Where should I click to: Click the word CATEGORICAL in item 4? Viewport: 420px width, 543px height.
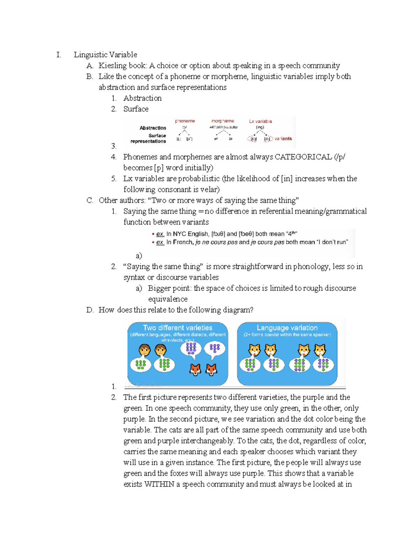click(x=303, y=157)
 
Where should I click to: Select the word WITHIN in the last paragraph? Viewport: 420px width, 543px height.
click(x=159, y=484)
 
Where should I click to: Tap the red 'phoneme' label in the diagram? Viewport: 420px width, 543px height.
click(x=185, y=121)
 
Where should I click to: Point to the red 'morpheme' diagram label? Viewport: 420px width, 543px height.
click(x=223, y=121)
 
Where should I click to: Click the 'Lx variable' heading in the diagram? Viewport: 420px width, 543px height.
click(x=260, y=121)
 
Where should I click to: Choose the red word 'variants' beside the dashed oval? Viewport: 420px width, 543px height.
click(x=283, y=139)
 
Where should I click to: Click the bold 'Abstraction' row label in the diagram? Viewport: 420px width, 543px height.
click(x=153, y=128)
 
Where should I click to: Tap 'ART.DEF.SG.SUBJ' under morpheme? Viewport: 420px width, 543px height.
click(x=223, y=127)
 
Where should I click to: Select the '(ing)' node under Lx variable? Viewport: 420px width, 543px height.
click(x=260, y=127)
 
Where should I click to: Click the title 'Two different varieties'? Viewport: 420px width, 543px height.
click(x=177, y=328)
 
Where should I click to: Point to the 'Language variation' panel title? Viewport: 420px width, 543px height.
click(x=287, y=328)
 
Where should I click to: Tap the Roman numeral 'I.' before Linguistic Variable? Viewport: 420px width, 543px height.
click(x=58, y=55)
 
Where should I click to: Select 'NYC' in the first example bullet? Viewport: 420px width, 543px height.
click(x=180, y=234)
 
